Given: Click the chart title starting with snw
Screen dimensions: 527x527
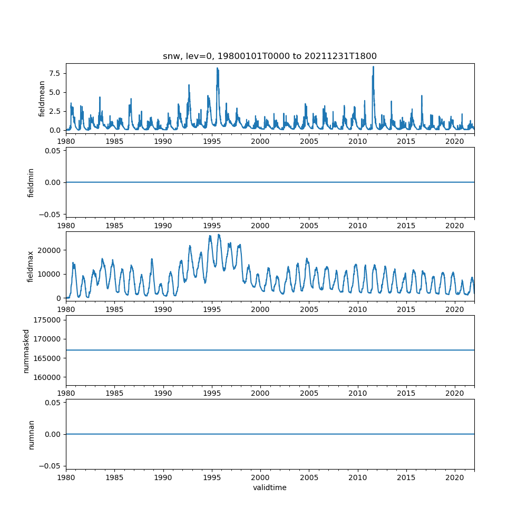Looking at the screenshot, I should pyautogui.click(x=270, y=56).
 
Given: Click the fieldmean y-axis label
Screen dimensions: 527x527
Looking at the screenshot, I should pyautogui.click(x=42, y=99).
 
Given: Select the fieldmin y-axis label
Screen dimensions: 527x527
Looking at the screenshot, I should pyautogui.click(x=31, y=182).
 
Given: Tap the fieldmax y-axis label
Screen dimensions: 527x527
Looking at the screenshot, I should pyautogui.click(x=31, y=266).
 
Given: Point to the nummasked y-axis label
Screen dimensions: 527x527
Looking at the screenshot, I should pyautogui.click(x=26, y=350).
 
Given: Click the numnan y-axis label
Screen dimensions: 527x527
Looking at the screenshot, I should pyautogui.click(x=31, y=434).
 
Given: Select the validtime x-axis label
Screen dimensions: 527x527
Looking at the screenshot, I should pyautogui.click(x=270, y=487).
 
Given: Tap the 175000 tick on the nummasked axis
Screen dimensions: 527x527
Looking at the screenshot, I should pyautogui.click(x=47, y=320).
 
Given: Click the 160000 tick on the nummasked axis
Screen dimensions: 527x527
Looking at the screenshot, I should pyautogui.click(x=47, y=377).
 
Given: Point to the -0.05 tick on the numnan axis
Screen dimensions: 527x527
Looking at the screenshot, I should pyautogui.click(x=52, y=466).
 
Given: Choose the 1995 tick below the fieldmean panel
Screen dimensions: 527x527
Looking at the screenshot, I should pyautogui.click(x=212, y=141).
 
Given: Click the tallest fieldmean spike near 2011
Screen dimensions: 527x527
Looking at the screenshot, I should pyautogui.click(x=373, y=66).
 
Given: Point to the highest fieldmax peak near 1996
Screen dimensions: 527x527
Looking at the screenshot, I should pyautogui.click(x=219, y=235).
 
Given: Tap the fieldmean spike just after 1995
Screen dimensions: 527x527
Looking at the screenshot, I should pyautogui.click(x=217, y=68).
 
